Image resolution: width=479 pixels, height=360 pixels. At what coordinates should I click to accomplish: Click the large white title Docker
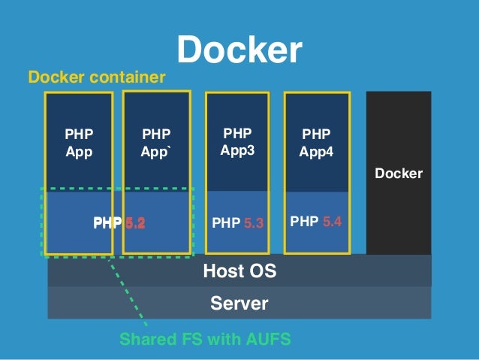pos(239,50)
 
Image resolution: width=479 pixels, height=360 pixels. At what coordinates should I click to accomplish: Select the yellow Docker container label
pos(96,77)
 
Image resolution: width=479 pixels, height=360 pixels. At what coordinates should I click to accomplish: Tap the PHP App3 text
pos(238,141)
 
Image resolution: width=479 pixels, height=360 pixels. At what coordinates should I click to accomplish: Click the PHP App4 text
pos(316,142)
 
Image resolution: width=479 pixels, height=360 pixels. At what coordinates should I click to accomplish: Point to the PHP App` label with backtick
pos(156,142)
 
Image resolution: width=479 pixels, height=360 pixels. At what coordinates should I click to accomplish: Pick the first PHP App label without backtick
pos(79,142)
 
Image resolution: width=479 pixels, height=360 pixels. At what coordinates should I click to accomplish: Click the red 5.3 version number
pos(254,223)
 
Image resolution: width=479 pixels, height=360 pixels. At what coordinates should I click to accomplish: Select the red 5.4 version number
pos(331,222)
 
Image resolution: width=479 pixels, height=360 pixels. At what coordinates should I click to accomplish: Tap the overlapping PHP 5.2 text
pos(119,223)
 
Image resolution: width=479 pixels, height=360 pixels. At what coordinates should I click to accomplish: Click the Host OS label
pos(239,271)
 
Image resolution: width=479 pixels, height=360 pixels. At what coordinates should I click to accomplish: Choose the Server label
pos(239,304)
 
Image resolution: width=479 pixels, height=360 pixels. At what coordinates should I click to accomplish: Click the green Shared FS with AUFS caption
pos(205,340)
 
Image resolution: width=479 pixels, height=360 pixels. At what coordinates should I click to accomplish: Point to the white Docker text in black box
pos(399,174)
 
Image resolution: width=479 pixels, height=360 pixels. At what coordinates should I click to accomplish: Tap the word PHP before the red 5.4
pos(304,222)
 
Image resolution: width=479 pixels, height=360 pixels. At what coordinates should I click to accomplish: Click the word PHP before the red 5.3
pos(227,223)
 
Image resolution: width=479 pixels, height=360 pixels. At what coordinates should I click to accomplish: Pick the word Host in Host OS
pos(224,271)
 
